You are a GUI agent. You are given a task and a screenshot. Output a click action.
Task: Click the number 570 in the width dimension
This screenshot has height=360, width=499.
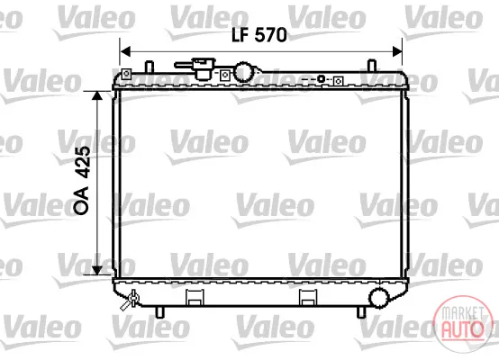(271, 35)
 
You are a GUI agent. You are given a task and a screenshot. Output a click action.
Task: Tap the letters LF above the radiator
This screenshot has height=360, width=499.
(240, 35)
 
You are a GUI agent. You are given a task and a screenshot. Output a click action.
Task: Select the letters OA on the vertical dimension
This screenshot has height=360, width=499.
(81, 200)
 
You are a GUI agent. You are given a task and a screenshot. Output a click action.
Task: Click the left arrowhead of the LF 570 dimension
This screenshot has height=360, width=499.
(125, 51)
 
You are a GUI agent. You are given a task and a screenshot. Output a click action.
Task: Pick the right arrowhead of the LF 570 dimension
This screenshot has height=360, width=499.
(397, 51)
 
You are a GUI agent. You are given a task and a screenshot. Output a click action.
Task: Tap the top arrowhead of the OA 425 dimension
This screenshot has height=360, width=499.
(97, 96)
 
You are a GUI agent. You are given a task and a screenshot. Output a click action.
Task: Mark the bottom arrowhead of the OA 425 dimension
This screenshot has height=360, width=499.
(97, 270)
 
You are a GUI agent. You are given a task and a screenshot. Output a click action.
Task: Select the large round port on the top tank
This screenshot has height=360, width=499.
(244, 72)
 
